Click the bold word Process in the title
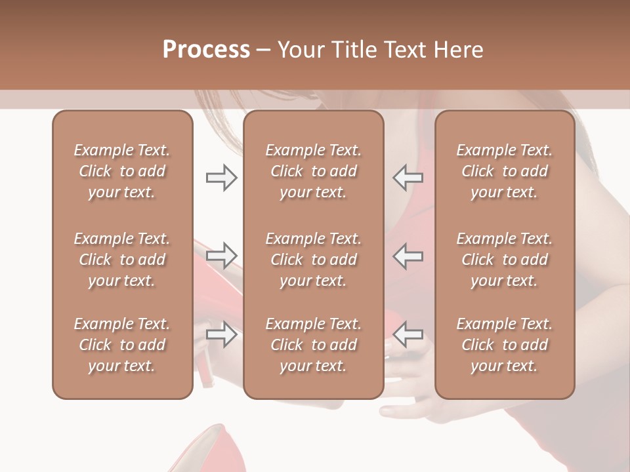206,50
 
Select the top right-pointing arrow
221,178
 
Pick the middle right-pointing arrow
221,256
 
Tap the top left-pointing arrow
408,178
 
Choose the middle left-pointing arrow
408,256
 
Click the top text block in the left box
122,171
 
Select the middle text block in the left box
122,260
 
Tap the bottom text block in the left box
122,345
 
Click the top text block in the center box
314,171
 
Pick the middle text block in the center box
314,260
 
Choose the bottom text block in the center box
314,345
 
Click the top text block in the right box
505,171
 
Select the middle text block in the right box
505,260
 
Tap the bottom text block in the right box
505,345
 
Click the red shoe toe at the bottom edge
210,452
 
